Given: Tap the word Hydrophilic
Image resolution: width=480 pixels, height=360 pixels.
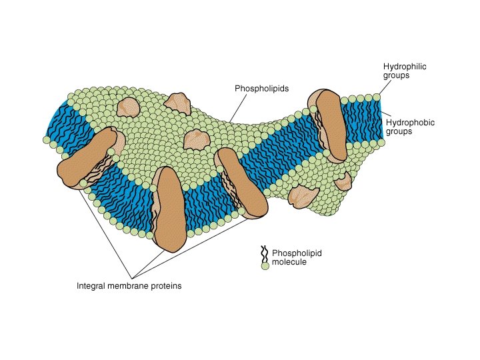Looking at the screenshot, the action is (x=405, y=67).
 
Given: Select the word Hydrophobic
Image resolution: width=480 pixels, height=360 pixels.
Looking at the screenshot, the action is (x=408, y=122).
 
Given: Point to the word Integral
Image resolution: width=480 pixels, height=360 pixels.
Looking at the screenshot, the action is (x=91, y=286).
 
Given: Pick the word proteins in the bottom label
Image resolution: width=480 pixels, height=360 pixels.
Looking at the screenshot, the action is (x=167, y=286).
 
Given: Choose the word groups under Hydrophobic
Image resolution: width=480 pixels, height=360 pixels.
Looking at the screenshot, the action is (x=400, y=131).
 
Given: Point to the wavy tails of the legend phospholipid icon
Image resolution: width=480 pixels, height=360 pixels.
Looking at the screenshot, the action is (x=264, y=254).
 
